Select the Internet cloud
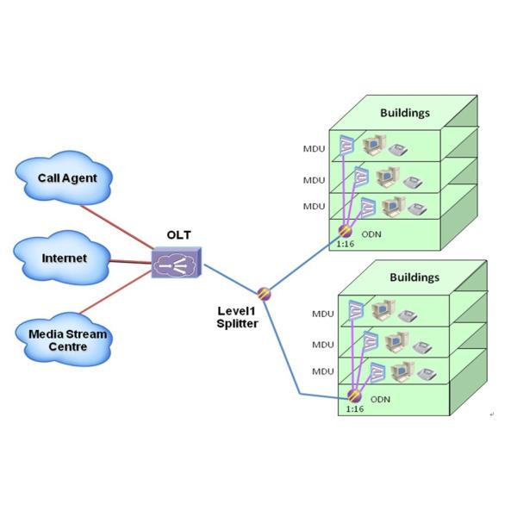(x=65, y=258)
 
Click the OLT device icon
(x=176, y=261)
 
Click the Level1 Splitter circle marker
(x=264, y=293)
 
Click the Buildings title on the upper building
(x=405, y=113)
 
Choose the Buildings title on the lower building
(x=414, y=277)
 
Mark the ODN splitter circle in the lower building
(x=354, y=396)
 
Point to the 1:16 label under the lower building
(x=354, y=410)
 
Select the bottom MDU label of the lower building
(x=322, y=371)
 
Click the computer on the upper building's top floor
(x=375, y=145)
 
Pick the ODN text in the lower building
(x=380, y=400)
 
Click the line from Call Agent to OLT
(x=129, y=221)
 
